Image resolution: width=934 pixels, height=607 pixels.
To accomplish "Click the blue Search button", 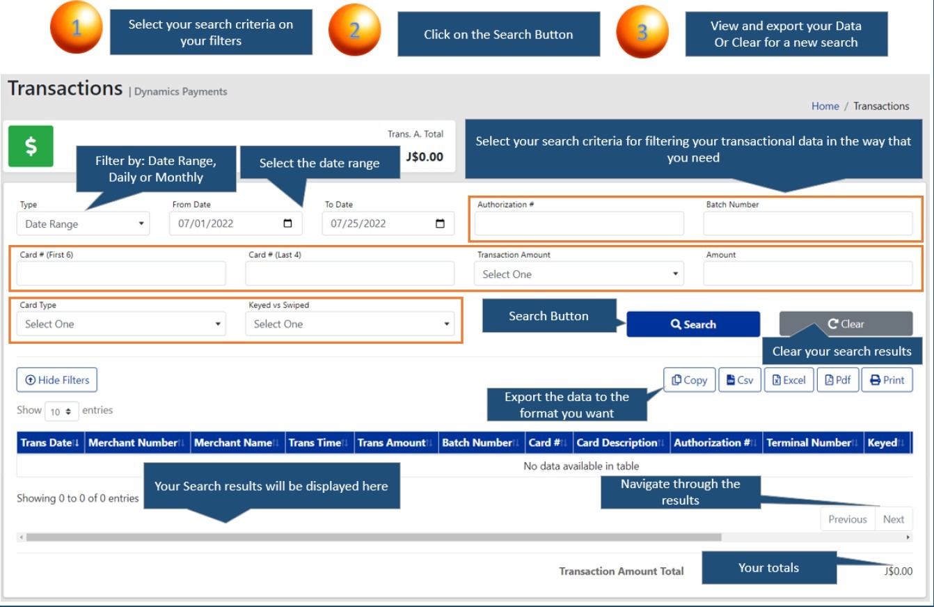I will click(692, 324).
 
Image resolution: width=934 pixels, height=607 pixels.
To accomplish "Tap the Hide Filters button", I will click(57, 380).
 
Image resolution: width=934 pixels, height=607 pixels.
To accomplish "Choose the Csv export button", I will click(740, 380).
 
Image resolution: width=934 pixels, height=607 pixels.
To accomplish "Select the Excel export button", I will click(789, 380).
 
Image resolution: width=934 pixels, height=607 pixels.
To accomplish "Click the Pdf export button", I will click(837, 380).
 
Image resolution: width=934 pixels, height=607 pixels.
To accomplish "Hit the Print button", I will click(887, 380).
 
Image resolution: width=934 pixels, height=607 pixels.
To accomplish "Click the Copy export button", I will click(689, 380).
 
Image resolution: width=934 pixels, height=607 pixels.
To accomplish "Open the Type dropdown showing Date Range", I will click(83, 224).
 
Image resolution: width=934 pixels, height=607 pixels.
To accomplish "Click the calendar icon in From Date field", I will click(288, 224).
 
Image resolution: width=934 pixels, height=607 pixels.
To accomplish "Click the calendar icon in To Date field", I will click(440, 224).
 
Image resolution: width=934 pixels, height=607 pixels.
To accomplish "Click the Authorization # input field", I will click(579, 224).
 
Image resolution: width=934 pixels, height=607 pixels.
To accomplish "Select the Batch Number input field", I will click(807, 224).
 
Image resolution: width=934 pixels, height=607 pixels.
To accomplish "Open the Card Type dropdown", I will click(121, 324).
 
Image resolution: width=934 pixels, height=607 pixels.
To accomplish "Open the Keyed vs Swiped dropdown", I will click(349, 324).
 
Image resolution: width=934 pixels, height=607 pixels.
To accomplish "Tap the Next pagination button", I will click(893, 519).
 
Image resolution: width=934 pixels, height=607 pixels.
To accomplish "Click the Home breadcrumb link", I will click(825, 107).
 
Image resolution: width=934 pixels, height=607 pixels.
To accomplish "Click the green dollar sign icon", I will click(31, 147).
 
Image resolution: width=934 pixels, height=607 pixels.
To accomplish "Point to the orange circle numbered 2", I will click(355, 30).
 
